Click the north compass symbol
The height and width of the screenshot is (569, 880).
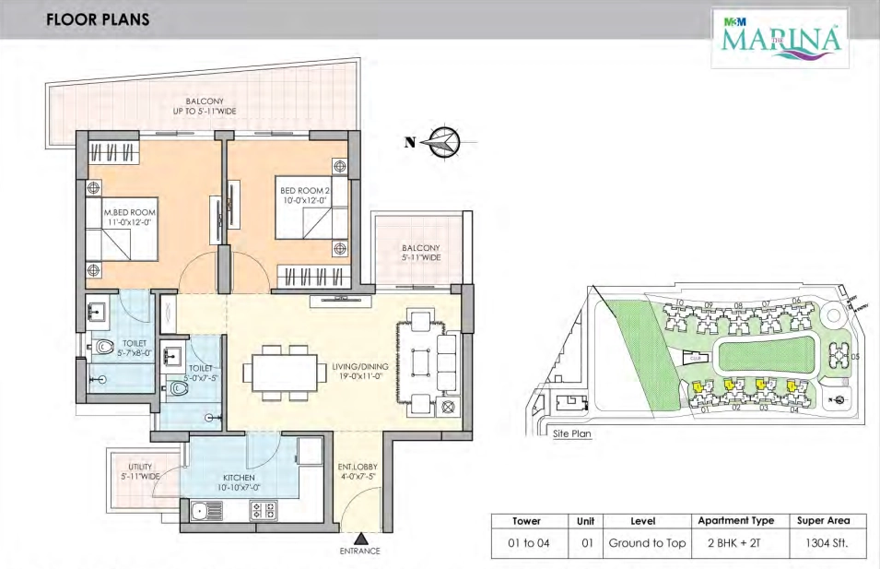pos(445,142)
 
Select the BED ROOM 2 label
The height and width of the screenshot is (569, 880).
pos(303,196)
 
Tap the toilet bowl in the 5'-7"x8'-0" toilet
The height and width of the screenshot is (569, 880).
pos(103,348)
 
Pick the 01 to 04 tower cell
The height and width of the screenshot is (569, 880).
pos(527,543)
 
